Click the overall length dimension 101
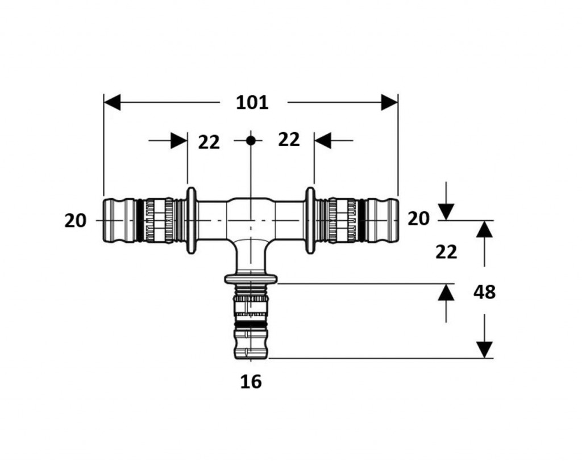252,102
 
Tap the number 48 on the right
484,292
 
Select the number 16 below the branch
251,381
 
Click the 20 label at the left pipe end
76,221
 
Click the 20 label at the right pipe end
418,219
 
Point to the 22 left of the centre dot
209,142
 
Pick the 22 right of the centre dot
289,140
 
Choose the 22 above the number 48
446,253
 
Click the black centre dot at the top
251,141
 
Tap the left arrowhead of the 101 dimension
112,102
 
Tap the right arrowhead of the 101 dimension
389,102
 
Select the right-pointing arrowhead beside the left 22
179,141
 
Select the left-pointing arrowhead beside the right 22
323,141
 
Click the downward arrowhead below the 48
484,350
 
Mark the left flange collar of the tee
191,221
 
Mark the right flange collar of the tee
310,221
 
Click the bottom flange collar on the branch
251,279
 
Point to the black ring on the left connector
139,221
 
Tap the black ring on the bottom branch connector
251,325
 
